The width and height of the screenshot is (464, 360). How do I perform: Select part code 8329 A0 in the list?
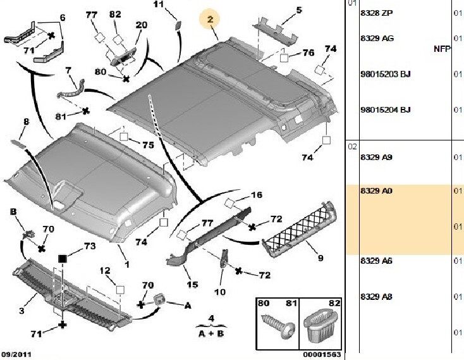pyautogui.click(x=375, y=191)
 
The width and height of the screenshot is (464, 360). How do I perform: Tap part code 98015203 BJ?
pyautogui.click(x=385, y=75)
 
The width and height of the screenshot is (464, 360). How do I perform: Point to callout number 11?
pyautogui.click(x=159, y=5)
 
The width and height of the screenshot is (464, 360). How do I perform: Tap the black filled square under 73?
pyautogui.click(x=63, y=259)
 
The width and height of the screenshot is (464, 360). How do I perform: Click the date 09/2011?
pyautogui.click(x=16, y=354)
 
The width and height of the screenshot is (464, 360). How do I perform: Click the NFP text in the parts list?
pyautogui.click(x=442, y=49)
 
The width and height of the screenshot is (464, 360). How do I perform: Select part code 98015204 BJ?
pyautogui.click(x=385, y=109)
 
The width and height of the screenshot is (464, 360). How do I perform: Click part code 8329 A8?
pyautogui.click(x=375, y=297)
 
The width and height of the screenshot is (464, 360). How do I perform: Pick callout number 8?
pyautogui.click(x=26, y=121)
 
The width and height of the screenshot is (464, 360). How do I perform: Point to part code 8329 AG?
pyautogui.click(x=376, y=39)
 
